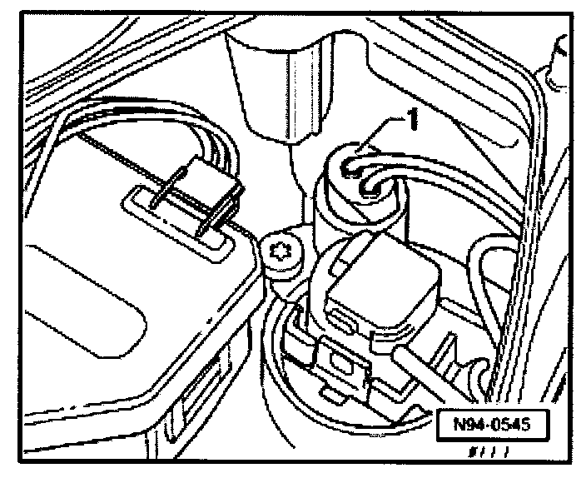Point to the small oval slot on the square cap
pos(342,321)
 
